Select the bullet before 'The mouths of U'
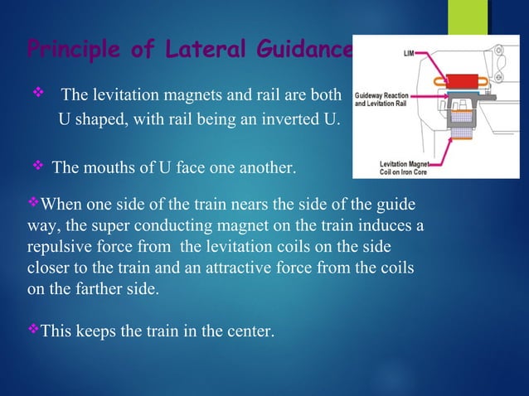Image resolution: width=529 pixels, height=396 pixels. point(36,168)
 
